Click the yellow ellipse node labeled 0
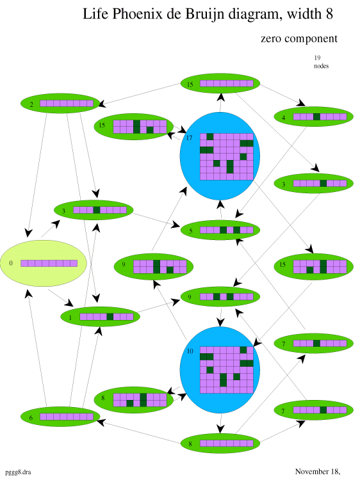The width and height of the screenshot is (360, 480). tap(43, 263)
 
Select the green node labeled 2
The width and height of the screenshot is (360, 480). tap(60, 104)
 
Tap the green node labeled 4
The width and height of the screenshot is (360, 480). tap(313, 116)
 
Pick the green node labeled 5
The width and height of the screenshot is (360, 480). tap(220, 230)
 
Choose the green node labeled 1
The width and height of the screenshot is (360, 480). tap(100, 317)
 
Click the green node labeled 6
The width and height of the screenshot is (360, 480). tap(60, 417)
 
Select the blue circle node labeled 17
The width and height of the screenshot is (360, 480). tap(220, 156)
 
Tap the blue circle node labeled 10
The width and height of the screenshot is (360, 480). tap(220, 370)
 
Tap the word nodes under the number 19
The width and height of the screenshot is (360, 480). tap(321, 66)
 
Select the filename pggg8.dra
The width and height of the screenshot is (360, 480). tap(18, 472)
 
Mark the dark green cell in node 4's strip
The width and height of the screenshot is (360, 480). tap(317, 116)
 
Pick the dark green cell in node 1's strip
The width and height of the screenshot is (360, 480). tap(110, 317)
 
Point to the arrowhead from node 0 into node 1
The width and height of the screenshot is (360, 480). tap(69, 303)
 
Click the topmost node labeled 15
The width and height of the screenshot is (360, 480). tap(220, 84)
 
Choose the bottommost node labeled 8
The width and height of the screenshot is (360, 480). tap(220, 444)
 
